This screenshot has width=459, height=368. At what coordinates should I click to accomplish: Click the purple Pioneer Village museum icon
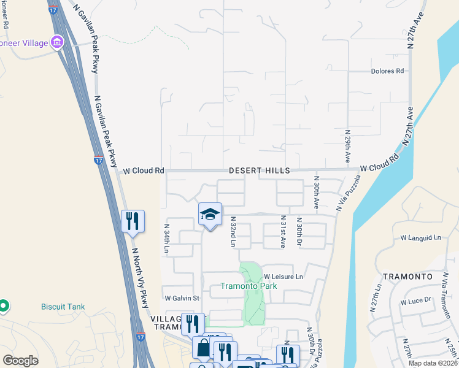(57, 42)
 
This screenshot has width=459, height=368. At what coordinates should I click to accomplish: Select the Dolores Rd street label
(388, 71)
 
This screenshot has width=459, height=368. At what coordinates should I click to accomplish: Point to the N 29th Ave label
(347, 146)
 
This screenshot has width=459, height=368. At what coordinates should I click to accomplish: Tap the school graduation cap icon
(210, 214)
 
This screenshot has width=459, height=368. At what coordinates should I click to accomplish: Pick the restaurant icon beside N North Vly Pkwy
(133, 221)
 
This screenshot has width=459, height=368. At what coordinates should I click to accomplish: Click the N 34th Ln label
(166, 239)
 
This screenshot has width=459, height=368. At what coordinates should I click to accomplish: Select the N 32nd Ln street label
(233, 231)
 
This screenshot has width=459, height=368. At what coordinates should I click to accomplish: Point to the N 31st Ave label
(283, 232)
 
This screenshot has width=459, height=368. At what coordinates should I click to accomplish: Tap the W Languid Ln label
(421, 237)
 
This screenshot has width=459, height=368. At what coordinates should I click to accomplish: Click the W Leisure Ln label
(283, 277)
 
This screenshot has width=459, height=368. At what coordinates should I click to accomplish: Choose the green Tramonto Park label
(249, 286)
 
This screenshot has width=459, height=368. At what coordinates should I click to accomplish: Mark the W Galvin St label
(182, 298)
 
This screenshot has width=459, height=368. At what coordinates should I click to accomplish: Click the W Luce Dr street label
(416, 302)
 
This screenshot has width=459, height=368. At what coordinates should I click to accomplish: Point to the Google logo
(21, 360)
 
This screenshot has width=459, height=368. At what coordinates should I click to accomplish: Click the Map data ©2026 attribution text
(433, 363)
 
